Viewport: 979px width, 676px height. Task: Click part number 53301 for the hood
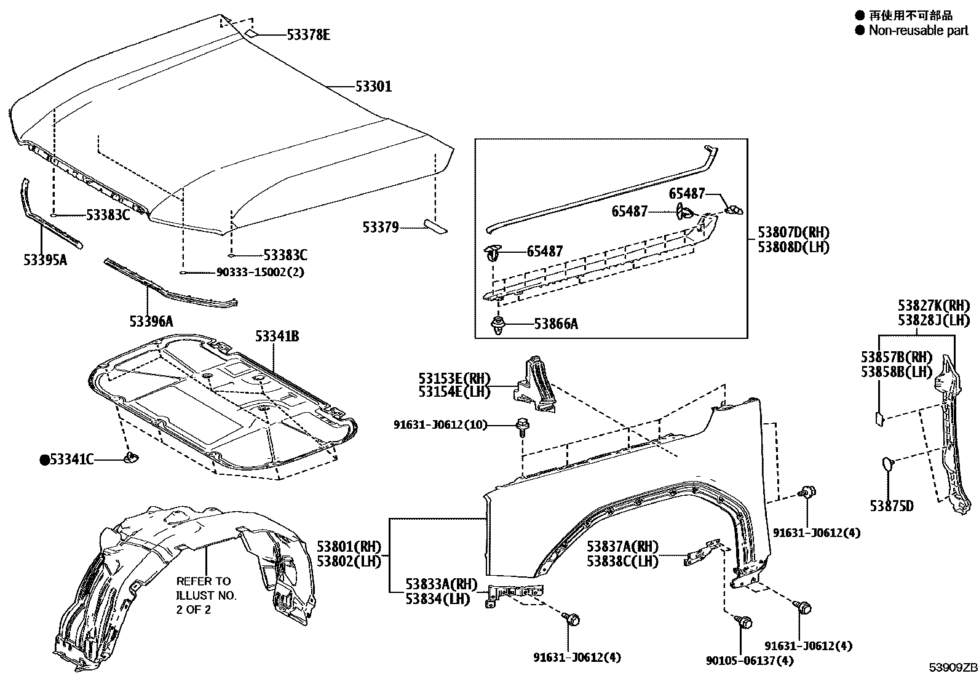pyautogui.click(x=373, y=86)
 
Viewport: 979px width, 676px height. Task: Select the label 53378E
pyautogui.click(x=309, y=34)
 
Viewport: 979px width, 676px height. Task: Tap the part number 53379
pyautogui.click(x=381, y=228)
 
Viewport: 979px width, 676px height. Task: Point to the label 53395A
pyautogui.click(x=46, y=260)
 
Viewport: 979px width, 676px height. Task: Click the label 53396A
pyautogui.click(x=151, y=321)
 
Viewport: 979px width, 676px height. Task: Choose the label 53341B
pyautogui.click(x=277, y=336)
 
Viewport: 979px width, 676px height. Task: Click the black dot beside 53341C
pyautogui.click(x=44, y=460)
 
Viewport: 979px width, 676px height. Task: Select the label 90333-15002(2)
pyautogui.click(x=261, y=272)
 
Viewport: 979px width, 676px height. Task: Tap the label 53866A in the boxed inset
pyautogui.click(x=556, y=324)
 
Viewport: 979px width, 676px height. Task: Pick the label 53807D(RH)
pyautogui.click(x=794, y=232)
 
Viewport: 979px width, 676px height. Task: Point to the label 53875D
pyautogui.click(x=892, y=506)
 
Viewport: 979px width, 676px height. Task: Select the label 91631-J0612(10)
pyautogui.click(x=440, y=424)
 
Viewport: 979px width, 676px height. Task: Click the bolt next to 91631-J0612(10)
pyautogui.click(x=523, y=427)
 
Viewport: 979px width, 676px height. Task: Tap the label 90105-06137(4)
pyautogui.click(x=750, y=660)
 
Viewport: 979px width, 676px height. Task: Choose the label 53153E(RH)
pyautogui.click(x=454, y=378)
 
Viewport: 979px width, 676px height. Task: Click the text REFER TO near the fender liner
pyautogui.click(x=203, y=581)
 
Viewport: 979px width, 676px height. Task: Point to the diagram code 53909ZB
pyautogui.click(x=953, y=667)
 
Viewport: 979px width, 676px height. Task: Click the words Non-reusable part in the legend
pyautogui.click(x=919, y=31)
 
